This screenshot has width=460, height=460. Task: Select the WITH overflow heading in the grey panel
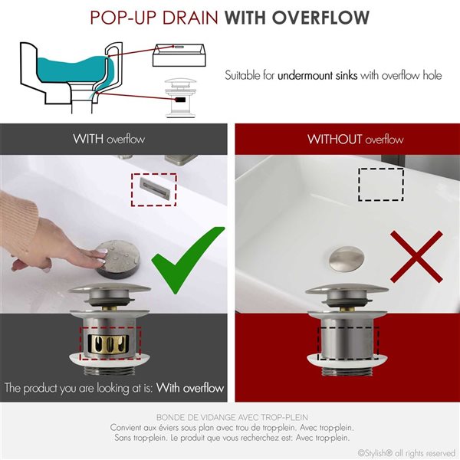point(108,140)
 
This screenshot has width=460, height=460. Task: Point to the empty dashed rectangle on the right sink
point(381,185)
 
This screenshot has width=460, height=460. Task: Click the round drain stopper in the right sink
point(344,261)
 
